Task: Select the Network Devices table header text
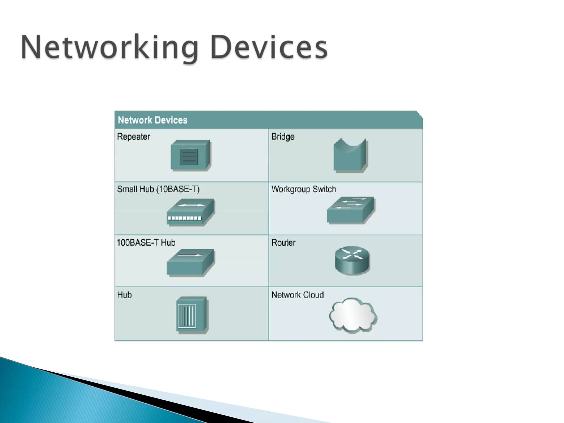pos(153,120)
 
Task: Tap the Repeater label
pos(134,137)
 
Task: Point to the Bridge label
pos(283,137)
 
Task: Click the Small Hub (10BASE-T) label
pos(158,189)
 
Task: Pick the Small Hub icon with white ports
pos(191,212)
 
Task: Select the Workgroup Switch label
pos(304,189)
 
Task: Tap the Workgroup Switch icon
pos(351,210)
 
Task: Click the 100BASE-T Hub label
pos(146,243)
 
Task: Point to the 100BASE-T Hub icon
pos(190,262)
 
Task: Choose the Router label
pos(283,243)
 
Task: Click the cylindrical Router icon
pos(352,261)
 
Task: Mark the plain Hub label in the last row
pos(124,295)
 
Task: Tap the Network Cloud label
pos(298,295)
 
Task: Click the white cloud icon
pos(353,315)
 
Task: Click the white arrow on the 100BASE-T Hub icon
pos(190,255)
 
